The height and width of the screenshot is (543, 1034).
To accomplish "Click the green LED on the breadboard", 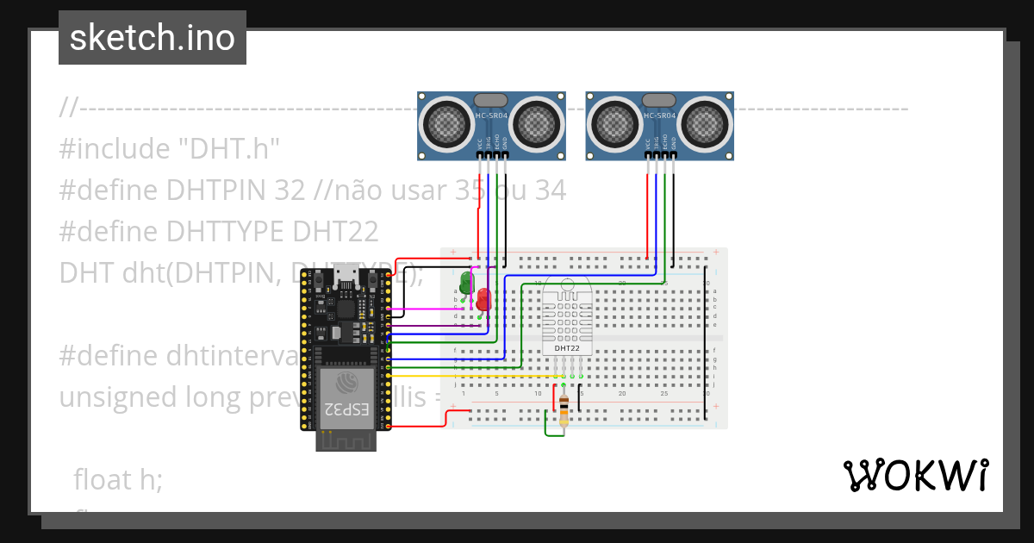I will [466, 281].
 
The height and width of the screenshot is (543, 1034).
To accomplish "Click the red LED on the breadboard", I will [483, 299].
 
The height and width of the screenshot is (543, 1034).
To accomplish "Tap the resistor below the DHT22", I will [564, 410].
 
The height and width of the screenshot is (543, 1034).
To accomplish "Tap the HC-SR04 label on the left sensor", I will [491, 115].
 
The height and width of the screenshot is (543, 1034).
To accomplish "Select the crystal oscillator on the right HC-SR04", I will [660, 100].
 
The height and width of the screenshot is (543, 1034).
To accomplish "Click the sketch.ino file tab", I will [153, 38].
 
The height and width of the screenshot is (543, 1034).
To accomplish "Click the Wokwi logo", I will [915, 476].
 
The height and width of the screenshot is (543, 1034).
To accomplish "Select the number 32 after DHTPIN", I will [290, 190].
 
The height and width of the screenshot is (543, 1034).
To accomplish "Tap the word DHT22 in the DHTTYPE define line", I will [335, 232].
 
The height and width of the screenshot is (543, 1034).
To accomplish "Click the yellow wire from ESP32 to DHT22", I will [474, 377].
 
